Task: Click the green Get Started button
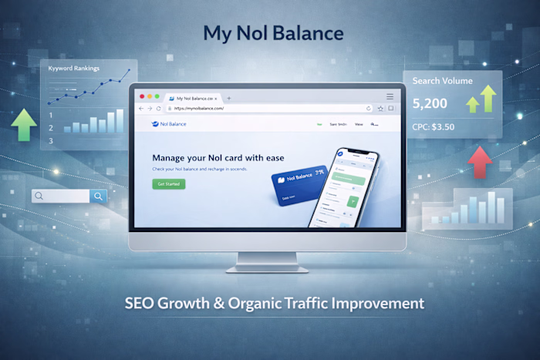[x=168, y=184]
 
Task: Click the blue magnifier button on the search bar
[x=98, y=197]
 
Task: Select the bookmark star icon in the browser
[x=380, y=109]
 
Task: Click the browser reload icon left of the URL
[x=159, y=109]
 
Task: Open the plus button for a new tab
[x=228, y=99]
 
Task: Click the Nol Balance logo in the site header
[x=170, y=124]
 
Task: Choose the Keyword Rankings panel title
[x=75, y=68]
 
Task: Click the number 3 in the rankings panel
[x=51, y=140]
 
